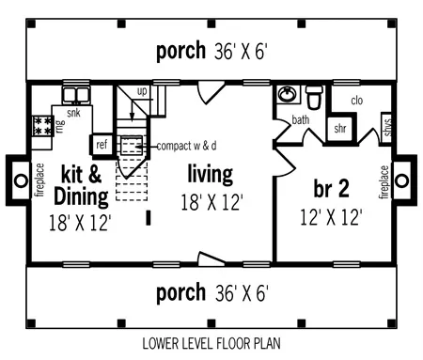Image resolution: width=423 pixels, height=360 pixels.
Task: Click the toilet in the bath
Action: [314, 96]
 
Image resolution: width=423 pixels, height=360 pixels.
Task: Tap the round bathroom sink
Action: [287, 94]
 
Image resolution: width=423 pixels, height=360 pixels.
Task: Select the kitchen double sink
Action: [76, 94]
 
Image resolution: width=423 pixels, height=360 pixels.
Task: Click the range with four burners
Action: [42, 126]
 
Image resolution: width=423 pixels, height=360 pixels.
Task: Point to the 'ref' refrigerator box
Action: [102, 145]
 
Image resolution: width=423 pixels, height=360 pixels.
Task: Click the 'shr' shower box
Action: [340, 129]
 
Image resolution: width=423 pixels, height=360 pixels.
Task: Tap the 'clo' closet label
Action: [357, 101]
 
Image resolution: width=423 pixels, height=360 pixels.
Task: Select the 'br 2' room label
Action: [331, 189]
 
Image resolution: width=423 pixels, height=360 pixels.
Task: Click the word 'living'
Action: [211, 174]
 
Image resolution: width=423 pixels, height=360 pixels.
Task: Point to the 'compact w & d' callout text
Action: [186, 146]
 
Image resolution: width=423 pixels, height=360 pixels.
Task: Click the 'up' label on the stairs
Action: [142, 91]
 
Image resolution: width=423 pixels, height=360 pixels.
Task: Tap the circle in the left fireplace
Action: [21, 180]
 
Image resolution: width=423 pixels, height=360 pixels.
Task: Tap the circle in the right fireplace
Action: [401, 180]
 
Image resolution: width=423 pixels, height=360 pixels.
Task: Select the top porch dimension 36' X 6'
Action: [241, 51]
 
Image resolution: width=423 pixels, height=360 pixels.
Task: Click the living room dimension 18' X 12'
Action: [212, 202]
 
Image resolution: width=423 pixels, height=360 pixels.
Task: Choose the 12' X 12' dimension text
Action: [331, 217]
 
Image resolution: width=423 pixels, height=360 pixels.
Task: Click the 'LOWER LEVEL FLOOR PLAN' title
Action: [211, 343]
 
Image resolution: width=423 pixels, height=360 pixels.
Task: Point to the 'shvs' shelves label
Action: [387, 128]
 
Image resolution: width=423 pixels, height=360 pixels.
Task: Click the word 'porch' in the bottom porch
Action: [180, 292]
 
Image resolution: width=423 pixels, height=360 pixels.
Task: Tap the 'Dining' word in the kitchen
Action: [81, 196]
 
